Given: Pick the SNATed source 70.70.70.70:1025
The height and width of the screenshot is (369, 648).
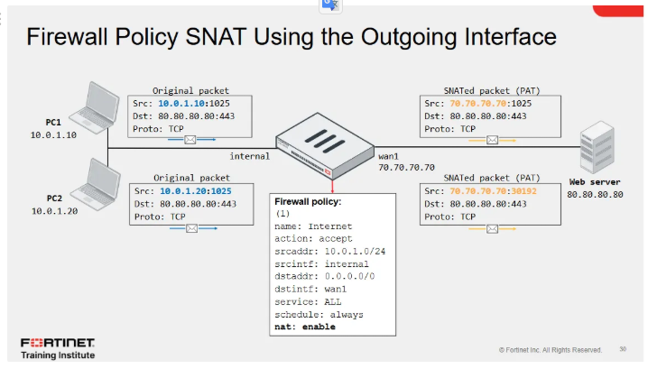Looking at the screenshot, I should click(x=483, y=103).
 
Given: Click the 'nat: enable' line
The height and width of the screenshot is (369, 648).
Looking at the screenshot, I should click(x=305, y=327).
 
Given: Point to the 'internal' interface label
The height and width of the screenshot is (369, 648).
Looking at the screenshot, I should click(x=250, y=156).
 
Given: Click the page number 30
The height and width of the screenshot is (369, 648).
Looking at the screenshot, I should click(x=623, y=349).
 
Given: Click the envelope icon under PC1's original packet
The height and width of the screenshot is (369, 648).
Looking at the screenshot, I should click(x=190, y=140).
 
